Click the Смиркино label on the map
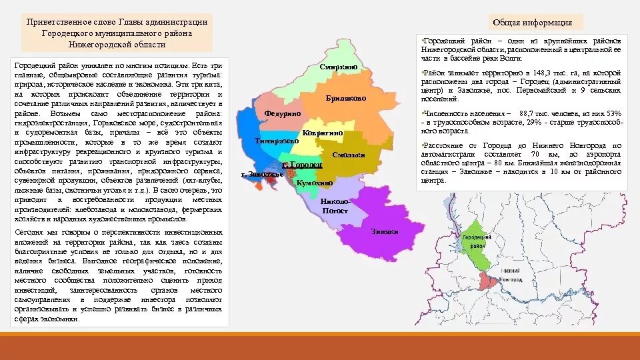(338, 68)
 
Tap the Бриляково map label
(345, 98)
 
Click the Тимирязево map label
(276, 141)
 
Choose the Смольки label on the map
(348, 155)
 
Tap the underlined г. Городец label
(302, 164)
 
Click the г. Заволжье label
(262, 174)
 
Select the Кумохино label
(314, 182)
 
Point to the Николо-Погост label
(334, 206)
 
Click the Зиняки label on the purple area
(384, 231)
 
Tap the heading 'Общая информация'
(523, 23)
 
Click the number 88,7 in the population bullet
(527, 114)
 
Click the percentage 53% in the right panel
(614, 114)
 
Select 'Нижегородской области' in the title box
(117, 45)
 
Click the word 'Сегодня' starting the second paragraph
(29, 232)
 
